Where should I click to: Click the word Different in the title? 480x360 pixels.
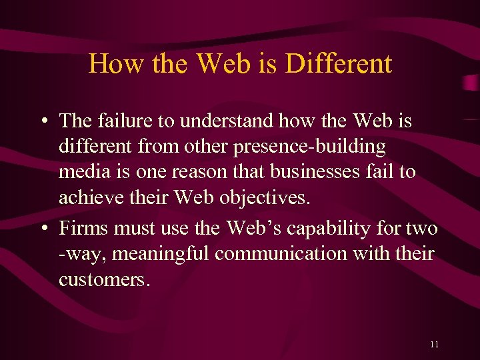338,64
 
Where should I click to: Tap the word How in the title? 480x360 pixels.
108,64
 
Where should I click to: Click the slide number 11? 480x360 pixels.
434,344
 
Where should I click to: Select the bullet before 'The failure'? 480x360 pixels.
42,121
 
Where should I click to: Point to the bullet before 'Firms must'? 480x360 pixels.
42,229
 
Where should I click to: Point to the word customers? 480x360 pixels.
103,279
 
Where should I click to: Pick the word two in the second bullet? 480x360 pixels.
423,229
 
